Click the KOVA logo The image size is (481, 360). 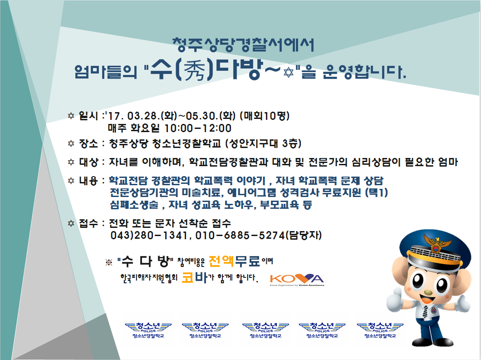tap(297, 279)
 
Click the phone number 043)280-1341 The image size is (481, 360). tap(148, 236)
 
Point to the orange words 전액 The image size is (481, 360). tap(221, 261)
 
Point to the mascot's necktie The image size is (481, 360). tap(425, 311)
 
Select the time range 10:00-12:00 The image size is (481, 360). tap(198, 128)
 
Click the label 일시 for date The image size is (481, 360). tap(88, 116)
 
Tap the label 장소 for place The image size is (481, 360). tap(88, 143)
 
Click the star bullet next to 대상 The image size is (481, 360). tap(71, 162)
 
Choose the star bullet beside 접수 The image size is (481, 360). tap(71, 223)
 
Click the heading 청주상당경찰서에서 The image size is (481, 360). tap(243, 45)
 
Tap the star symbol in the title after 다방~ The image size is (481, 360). tap(288, 73)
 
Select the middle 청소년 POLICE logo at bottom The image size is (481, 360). tap(265, 330)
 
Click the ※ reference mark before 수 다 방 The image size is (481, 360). tap(109, 262)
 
